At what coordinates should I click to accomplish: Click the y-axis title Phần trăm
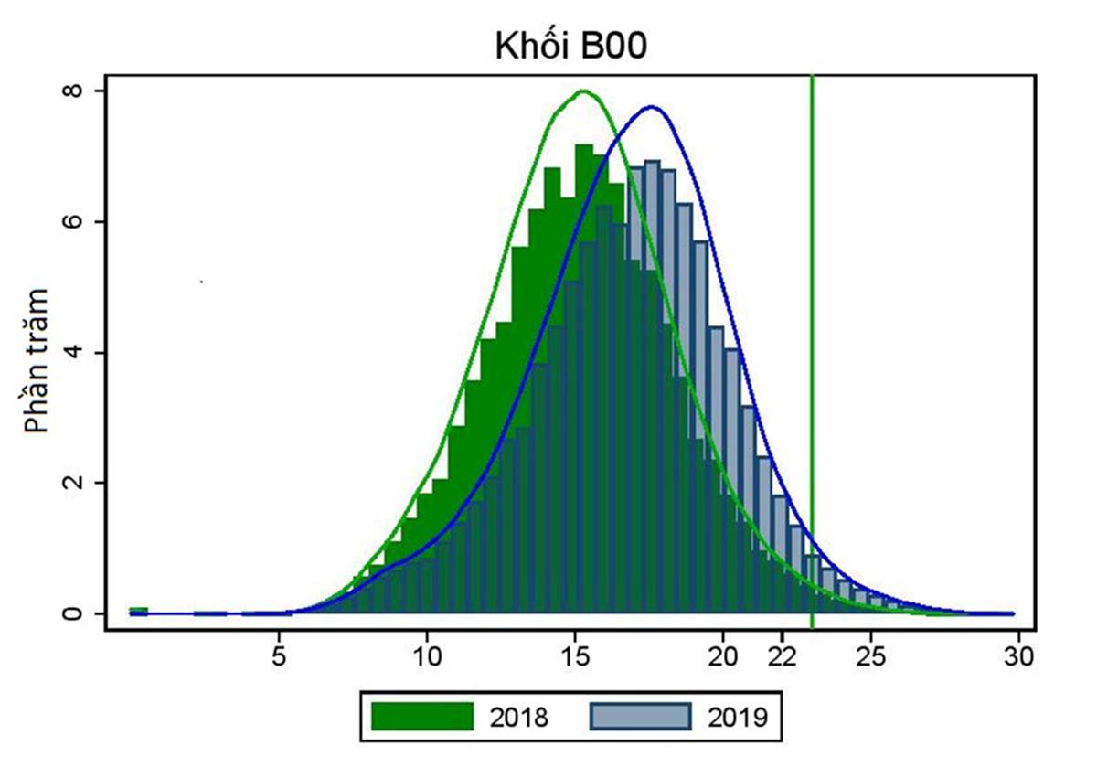tap(37, 360)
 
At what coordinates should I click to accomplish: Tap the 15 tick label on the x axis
tap(575, 656)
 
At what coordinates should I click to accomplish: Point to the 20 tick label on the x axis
tap(723, 656)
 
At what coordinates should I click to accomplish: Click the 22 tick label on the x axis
tap(783, 656)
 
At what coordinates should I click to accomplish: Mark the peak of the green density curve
tap(583, 91)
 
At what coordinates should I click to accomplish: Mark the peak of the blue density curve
tap(651, 107)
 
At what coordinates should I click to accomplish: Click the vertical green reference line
tap(812, 366)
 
